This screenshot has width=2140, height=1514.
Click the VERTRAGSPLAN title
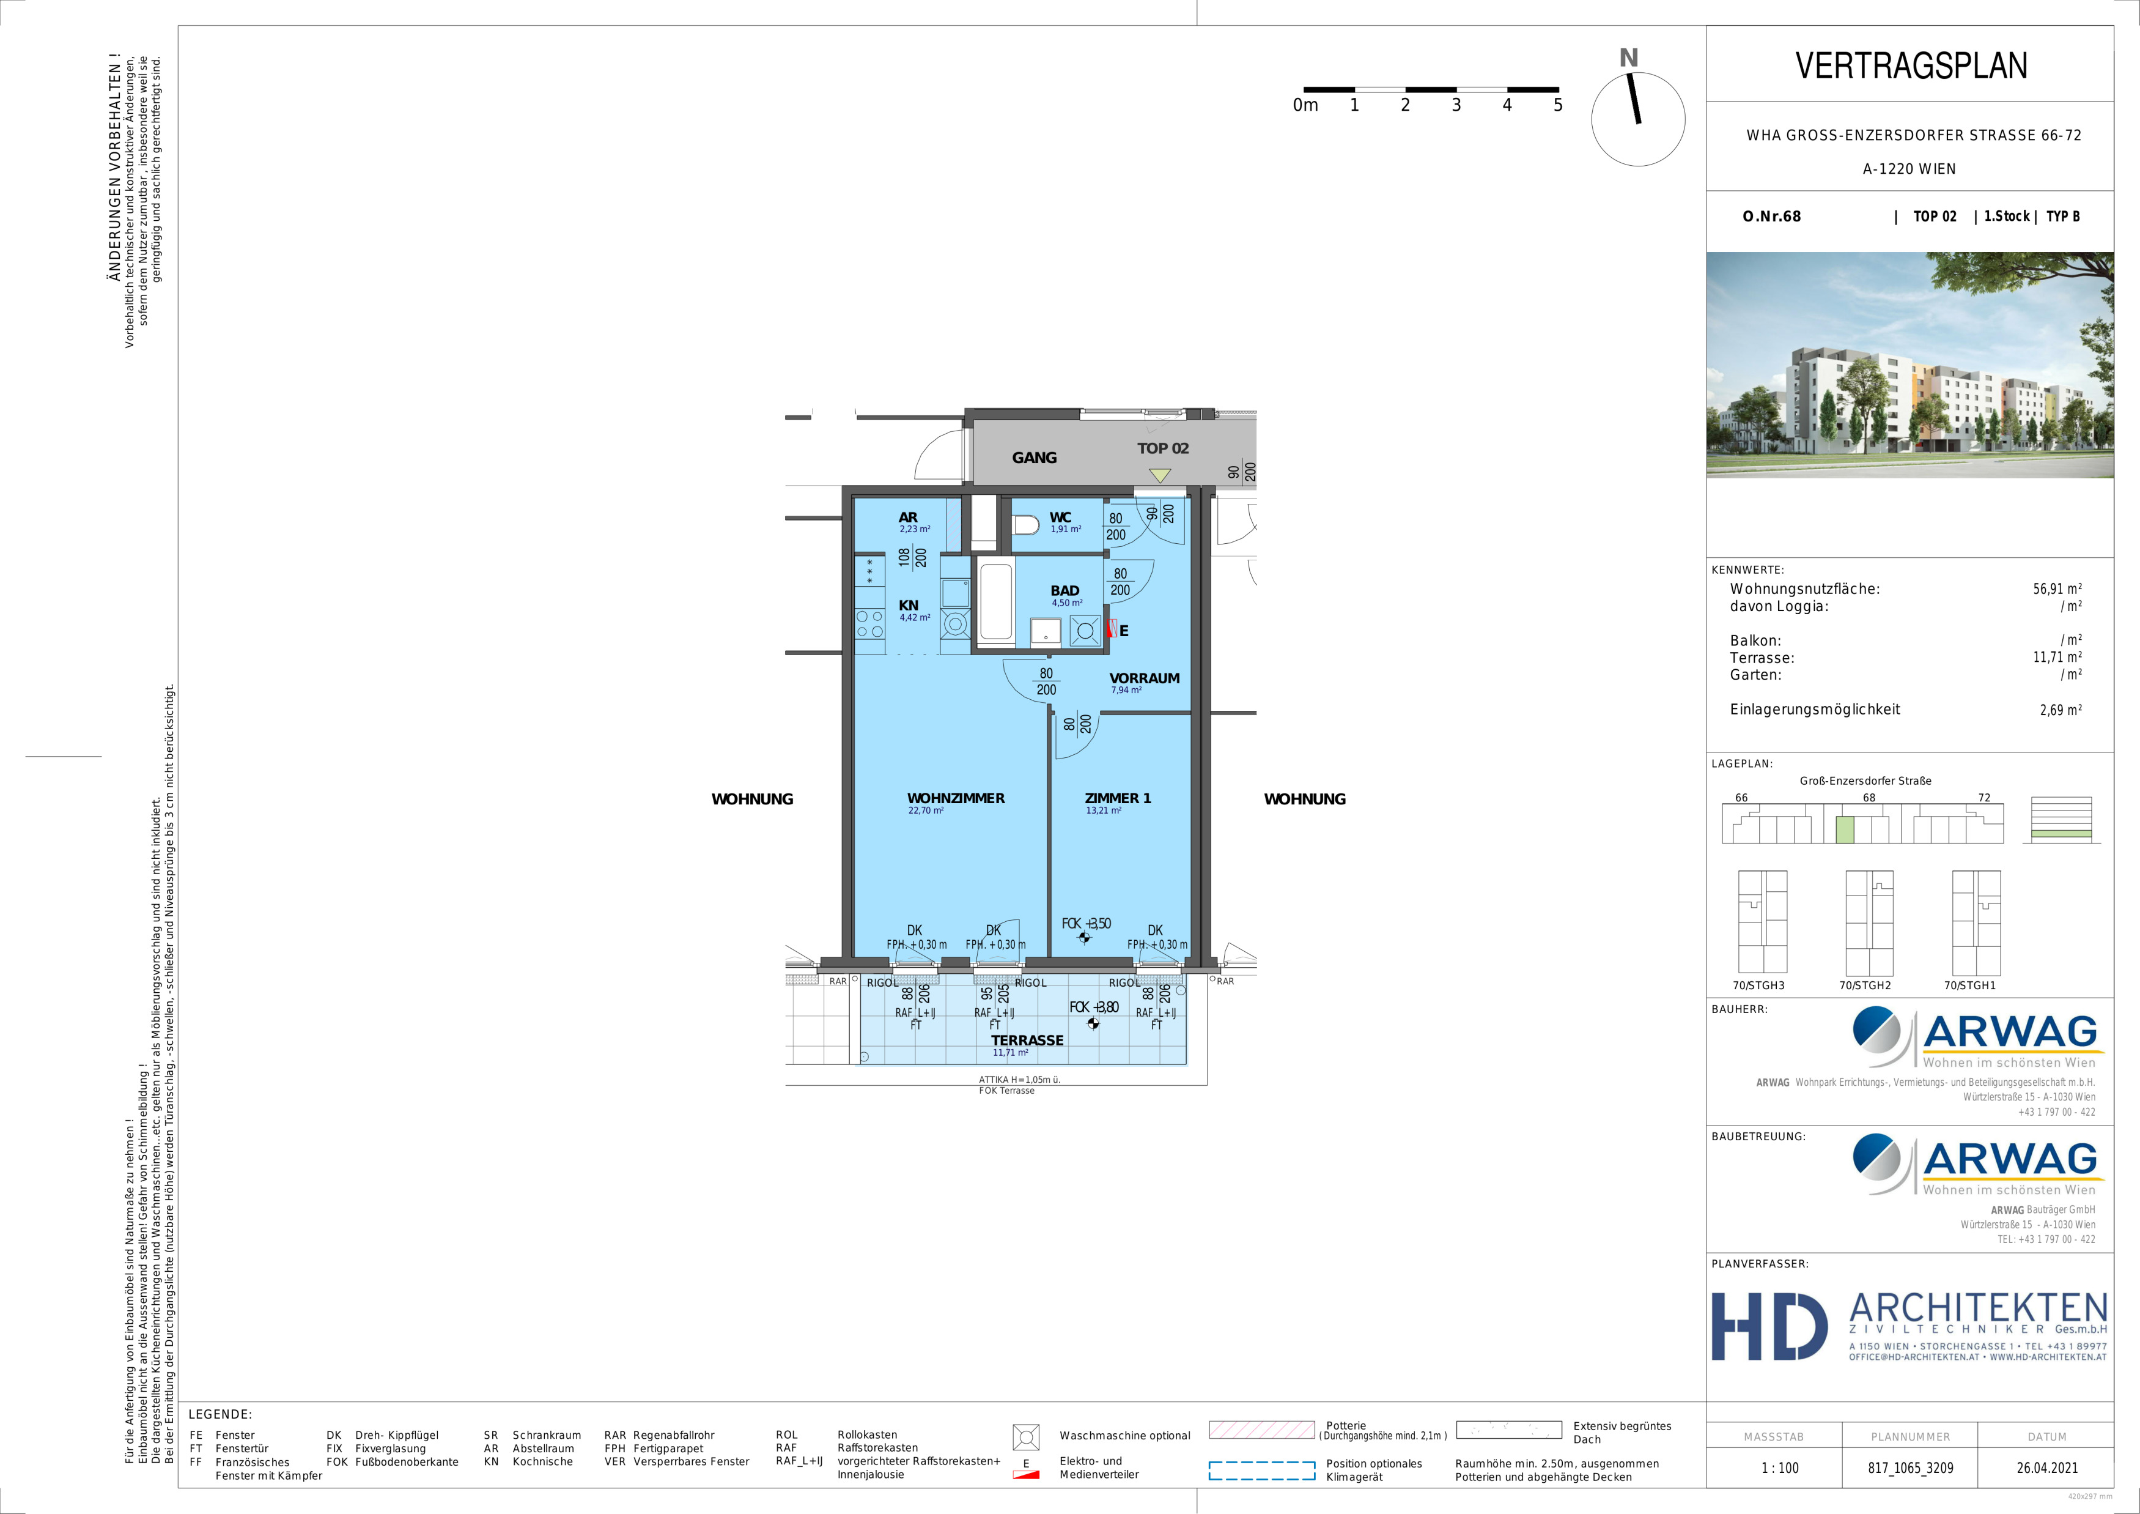tap(1911, 65)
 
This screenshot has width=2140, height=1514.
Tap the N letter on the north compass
tap(1628, 58)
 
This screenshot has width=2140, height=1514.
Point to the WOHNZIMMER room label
tap(955, 798)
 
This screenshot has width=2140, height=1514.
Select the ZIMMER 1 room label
tap(1118, 798)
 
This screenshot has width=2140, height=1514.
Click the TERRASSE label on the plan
tap(1027, 1041)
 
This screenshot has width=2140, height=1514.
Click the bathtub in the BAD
tap(997, 603)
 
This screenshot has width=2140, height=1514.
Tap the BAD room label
tap(1064, 591)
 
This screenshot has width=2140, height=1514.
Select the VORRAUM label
tap(1145, 678)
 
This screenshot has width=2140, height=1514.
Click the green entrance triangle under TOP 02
tap(1159, 475)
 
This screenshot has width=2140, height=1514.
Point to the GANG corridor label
tap(1035, 458)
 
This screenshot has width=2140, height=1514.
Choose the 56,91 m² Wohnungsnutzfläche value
tap(2057, 589)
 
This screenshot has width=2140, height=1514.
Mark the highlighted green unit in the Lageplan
tap(1845, 829)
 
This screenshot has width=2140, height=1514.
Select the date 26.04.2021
tap(2047, 1468)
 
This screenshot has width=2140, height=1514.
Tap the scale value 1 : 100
tap(1780, 1468)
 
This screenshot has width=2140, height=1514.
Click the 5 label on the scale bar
tap(1557, 105)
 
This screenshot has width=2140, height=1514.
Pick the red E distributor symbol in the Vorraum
tap(1111, 628)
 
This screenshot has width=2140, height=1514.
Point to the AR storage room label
tap(908, 518)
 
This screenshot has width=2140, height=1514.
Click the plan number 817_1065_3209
tap(1909, 1468)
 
